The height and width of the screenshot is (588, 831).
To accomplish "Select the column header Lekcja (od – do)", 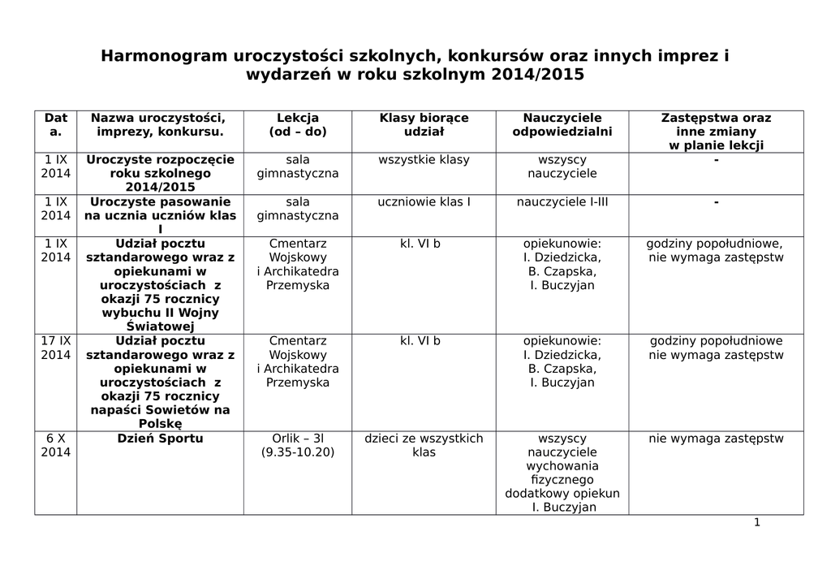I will pyautogui.click(x=298, y=124).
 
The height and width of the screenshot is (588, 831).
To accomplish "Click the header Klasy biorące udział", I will pyautogui.click(x=424, y=124).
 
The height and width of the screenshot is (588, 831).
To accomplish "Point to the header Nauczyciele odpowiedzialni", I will pyautogui.click(x=562, y=124).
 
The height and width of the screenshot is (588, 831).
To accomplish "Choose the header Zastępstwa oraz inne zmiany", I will pyautogui.click(x=716, y=131).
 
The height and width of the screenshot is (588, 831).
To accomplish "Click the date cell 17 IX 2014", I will pyautogui.click(x=56, y=348).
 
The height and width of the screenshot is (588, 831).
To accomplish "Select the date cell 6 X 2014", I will pyautogui.click(x=56, y=445).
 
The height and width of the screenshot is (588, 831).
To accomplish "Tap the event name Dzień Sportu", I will pyautogui.click(x=160, y=439).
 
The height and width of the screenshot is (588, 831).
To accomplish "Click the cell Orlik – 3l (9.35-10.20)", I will pyautogui.click(x=298, y=445).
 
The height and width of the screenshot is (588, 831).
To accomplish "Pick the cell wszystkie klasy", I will pyautogui.click(x=424, y=159).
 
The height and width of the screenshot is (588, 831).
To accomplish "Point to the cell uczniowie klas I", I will pyautogui.click(x=424, y=201).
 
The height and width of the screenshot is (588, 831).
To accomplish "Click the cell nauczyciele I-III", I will pyautogui.click(x=562, y=201).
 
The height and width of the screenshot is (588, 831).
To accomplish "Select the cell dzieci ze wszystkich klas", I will pyautogui.click(x=424, y=445).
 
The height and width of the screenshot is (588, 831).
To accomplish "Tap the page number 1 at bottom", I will pyautogui.click(x=756, y=522).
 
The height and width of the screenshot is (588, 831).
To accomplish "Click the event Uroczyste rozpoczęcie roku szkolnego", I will pyautogui.click(x=160, y=173).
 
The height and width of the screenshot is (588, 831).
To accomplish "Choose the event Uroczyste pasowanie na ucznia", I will pyautogui.click(x=160, y=209).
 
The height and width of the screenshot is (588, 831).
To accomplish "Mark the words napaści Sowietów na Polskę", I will pyautogui.click(x=160, y=417).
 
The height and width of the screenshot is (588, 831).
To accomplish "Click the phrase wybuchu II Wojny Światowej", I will pyautogui.click(x=160, y=319).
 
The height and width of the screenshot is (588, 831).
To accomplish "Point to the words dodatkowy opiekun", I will pyautogui.click(x=562, y=494).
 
